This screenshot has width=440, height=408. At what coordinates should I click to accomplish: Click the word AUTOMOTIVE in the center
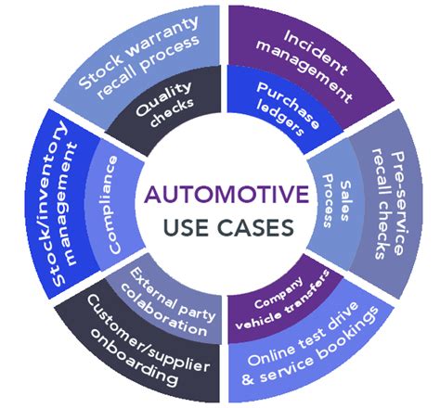pyautogui.click(x=219, y=196)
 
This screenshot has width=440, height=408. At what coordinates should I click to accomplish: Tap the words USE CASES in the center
pyautogui.click(x=219, y=227)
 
